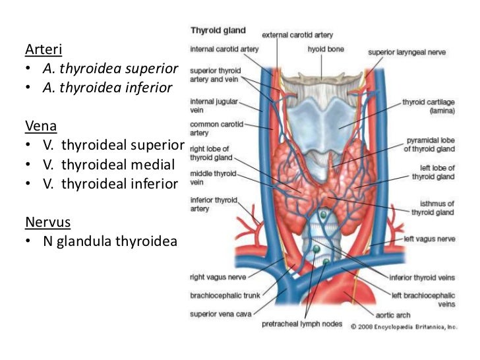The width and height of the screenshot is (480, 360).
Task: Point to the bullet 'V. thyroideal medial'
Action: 104,164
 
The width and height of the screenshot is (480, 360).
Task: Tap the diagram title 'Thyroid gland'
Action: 218,30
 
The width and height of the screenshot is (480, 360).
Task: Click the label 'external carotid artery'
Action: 298,34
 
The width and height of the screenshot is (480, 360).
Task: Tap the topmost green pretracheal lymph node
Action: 323,216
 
